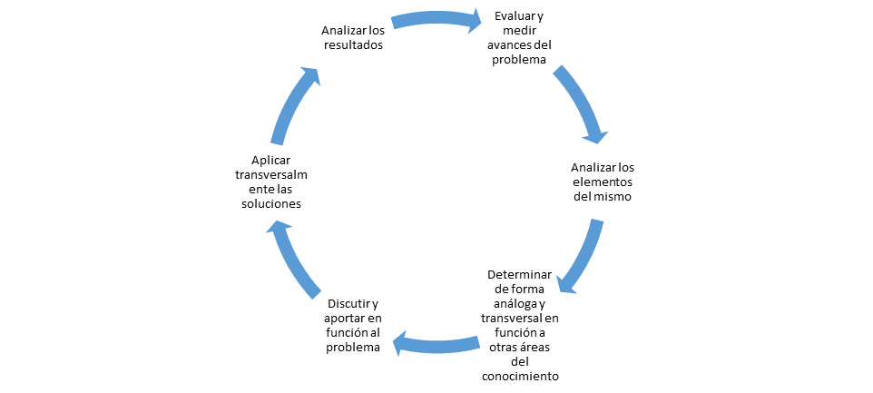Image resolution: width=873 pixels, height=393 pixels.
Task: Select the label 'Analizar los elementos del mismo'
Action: click(603, 182)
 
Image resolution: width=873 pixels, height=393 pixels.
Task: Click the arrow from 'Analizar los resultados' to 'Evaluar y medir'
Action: click(436, 18)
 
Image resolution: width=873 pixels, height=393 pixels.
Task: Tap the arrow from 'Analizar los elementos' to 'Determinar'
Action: click(581, 257)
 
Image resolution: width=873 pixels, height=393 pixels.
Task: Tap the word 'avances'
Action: click(510, 45)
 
